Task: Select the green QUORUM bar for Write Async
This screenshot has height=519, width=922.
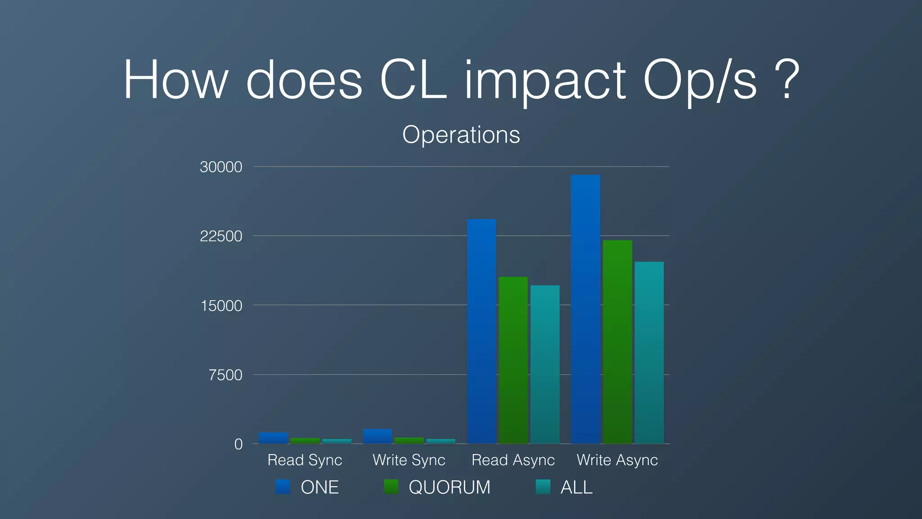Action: pos(617,342)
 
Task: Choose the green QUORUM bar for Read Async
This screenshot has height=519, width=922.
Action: pos(513,360)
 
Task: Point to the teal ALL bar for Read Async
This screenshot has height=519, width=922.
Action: pos(545,364)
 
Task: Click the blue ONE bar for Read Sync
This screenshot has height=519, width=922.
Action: pos(273,438)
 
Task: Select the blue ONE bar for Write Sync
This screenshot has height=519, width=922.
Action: pos(377,436)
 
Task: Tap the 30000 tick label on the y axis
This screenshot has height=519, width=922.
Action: pos(221,167)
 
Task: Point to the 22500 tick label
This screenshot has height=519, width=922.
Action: pos(221,236)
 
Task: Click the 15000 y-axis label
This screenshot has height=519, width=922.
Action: pos(221,306)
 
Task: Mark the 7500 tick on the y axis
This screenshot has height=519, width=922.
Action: pos(226,375)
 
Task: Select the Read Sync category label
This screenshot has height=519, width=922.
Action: pos(305,460)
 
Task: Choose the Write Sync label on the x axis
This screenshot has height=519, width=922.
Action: pos(409,460)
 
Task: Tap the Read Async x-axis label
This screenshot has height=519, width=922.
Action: pos(513,460)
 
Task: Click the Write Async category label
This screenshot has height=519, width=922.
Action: pos(617,460)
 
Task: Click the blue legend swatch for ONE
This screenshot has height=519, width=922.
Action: pos(283,487)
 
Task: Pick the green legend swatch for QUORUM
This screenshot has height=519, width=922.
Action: pos(391,487)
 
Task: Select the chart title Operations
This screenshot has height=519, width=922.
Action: pos(461,134)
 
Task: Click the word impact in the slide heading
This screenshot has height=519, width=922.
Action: pos(545,81)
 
